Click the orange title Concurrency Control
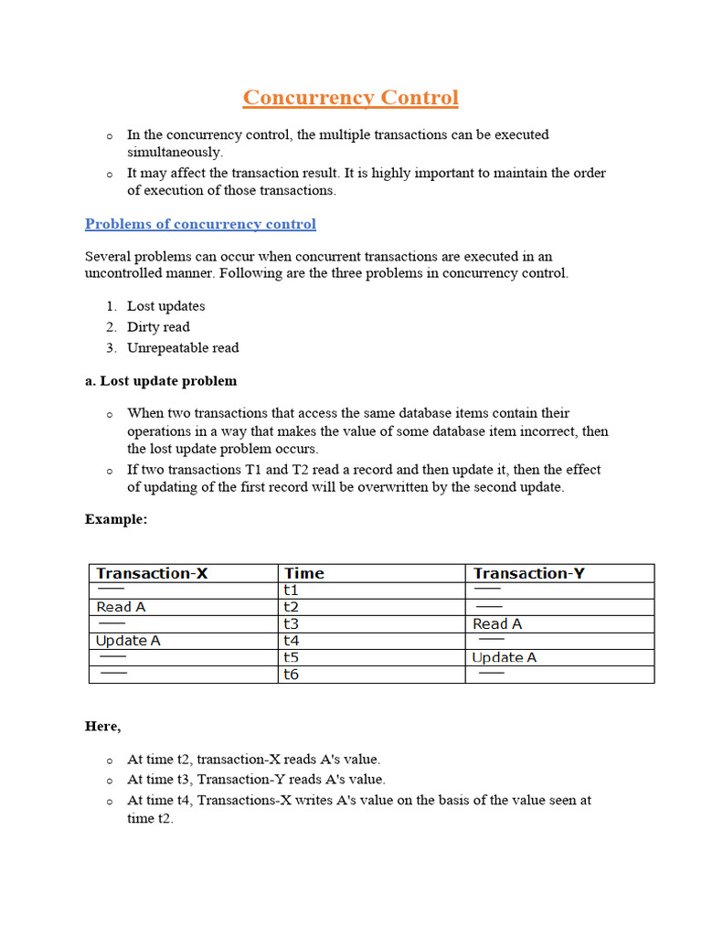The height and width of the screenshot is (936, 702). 350,98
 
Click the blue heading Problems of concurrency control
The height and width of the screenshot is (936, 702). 200,224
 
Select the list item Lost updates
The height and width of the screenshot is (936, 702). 165,306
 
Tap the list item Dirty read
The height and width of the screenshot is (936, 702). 158,327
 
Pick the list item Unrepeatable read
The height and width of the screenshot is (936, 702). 183,347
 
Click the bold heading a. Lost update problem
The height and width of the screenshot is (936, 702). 161,380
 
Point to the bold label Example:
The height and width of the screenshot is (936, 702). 116,519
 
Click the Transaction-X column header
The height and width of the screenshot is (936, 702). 152,573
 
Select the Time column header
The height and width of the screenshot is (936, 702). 303,573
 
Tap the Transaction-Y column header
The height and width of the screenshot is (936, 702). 528,573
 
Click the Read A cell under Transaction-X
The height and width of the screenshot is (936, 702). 121,607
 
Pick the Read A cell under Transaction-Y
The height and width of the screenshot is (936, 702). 497,623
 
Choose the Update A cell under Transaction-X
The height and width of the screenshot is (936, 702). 128,641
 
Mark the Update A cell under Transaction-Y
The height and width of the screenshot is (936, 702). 504,657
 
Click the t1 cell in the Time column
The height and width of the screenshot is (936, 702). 292,590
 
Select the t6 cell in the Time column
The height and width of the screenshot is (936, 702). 292,675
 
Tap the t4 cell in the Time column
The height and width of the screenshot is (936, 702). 292,641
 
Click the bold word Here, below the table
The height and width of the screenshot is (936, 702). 102,726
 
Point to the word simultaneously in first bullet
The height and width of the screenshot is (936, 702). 175,153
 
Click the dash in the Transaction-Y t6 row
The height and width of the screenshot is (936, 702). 492,674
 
